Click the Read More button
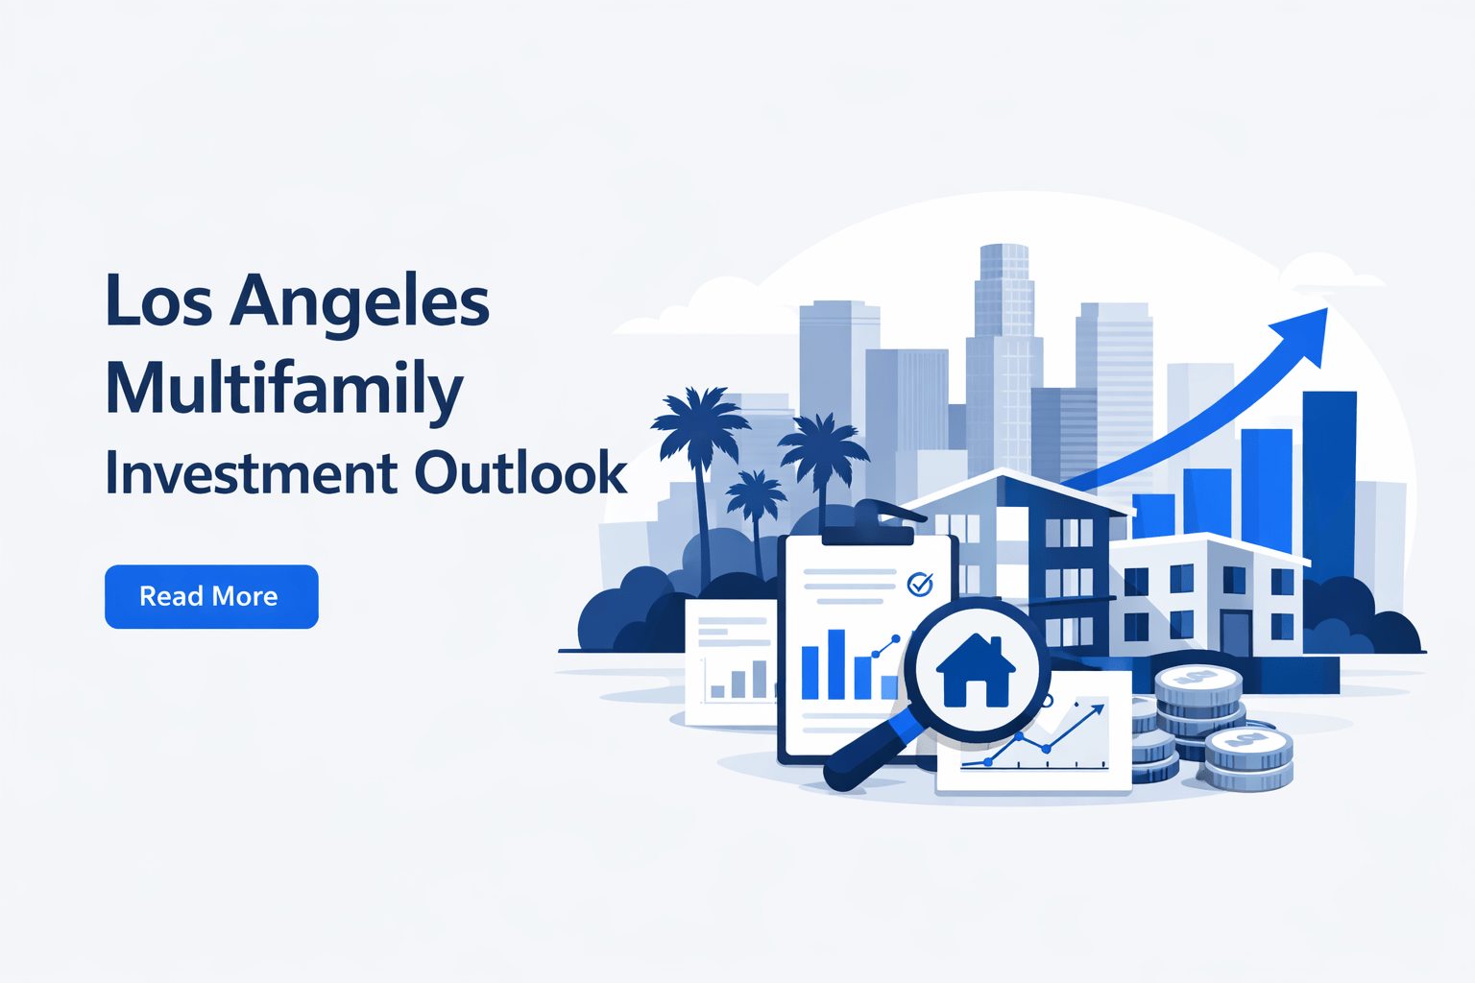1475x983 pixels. tap(211, 596)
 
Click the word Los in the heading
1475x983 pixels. tap(158, 301)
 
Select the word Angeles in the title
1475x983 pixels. tap(360, 303)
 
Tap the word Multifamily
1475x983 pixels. tap(284, 390)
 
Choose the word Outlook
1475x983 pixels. tap(520, 473)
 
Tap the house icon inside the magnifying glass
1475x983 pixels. tap(975, 671)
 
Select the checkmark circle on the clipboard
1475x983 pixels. tap(920, 583)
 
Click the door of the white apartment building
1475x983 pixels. tap(1235, 634)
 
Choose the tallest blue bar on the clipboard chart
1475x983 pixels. tap(836, 663)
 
